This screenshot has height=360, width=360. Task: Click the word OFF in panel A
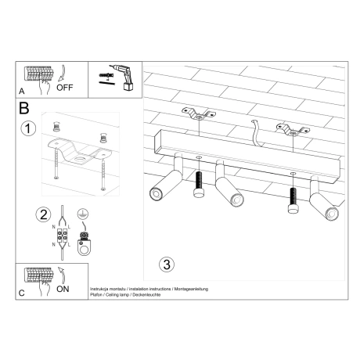[66, 87]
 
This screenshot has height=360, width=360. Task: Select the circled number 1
[29, 129]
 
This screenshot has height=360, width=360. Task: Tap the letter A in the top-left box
[21, 90]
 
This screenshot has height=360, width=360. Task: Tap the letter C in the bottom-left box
[21, 293]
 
